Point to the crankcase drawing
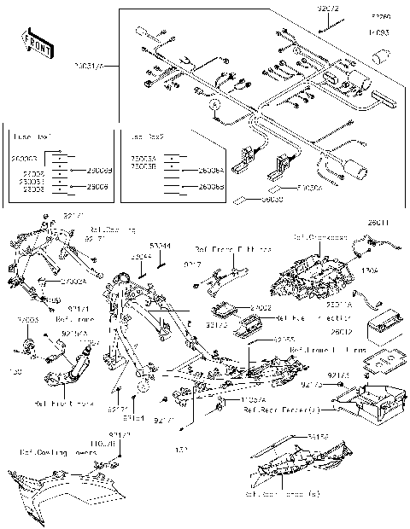pyautogui.click(x=307, y=273)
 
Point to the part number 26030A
pyautogui.click(x=308, y=189)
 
